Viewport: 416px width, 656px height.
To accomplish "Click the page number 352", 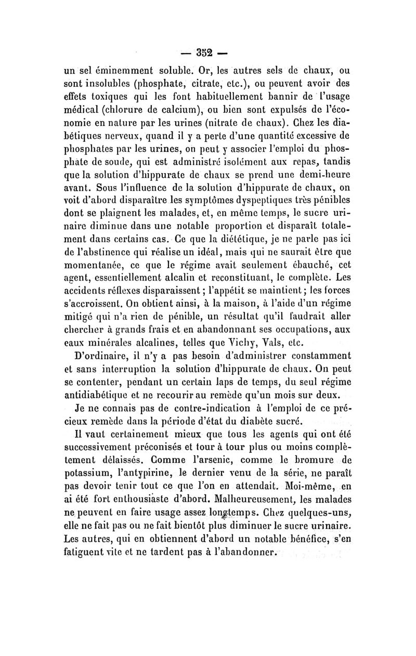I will [208, 53].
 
